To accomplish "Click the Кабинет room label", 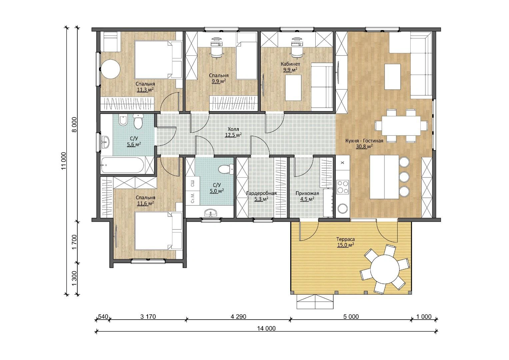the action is point(290,64).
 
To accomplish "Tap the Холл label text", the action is point(233,129).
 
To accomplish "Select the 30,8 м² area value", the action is point(364,146).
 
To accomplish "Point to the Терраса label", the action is point(345,239).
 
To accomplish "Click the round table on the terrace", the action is point(385,269).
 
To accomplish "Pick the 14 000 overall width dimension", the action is point(266,328).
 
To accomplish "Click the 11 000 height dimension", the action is point(64,160).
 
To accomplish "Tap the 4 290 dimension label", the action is point(238,317).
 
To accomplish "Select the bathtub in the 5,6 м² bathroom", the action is point(123,165).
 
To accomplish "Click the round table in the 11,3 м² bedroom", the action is point(110,69).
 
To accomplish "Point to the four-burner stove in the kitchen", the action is point(343,187).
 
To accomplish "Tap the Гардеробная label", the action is point(261,193).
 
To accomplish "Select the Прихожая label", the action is point(307,193).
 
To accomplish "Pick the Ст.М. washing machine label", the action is point(192,198).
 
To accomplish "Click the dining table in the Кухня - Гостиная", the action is point(401,126).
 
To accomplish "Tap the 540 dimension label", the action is point(103,317).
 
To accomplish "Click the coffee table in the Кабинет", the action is point(293,88).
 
